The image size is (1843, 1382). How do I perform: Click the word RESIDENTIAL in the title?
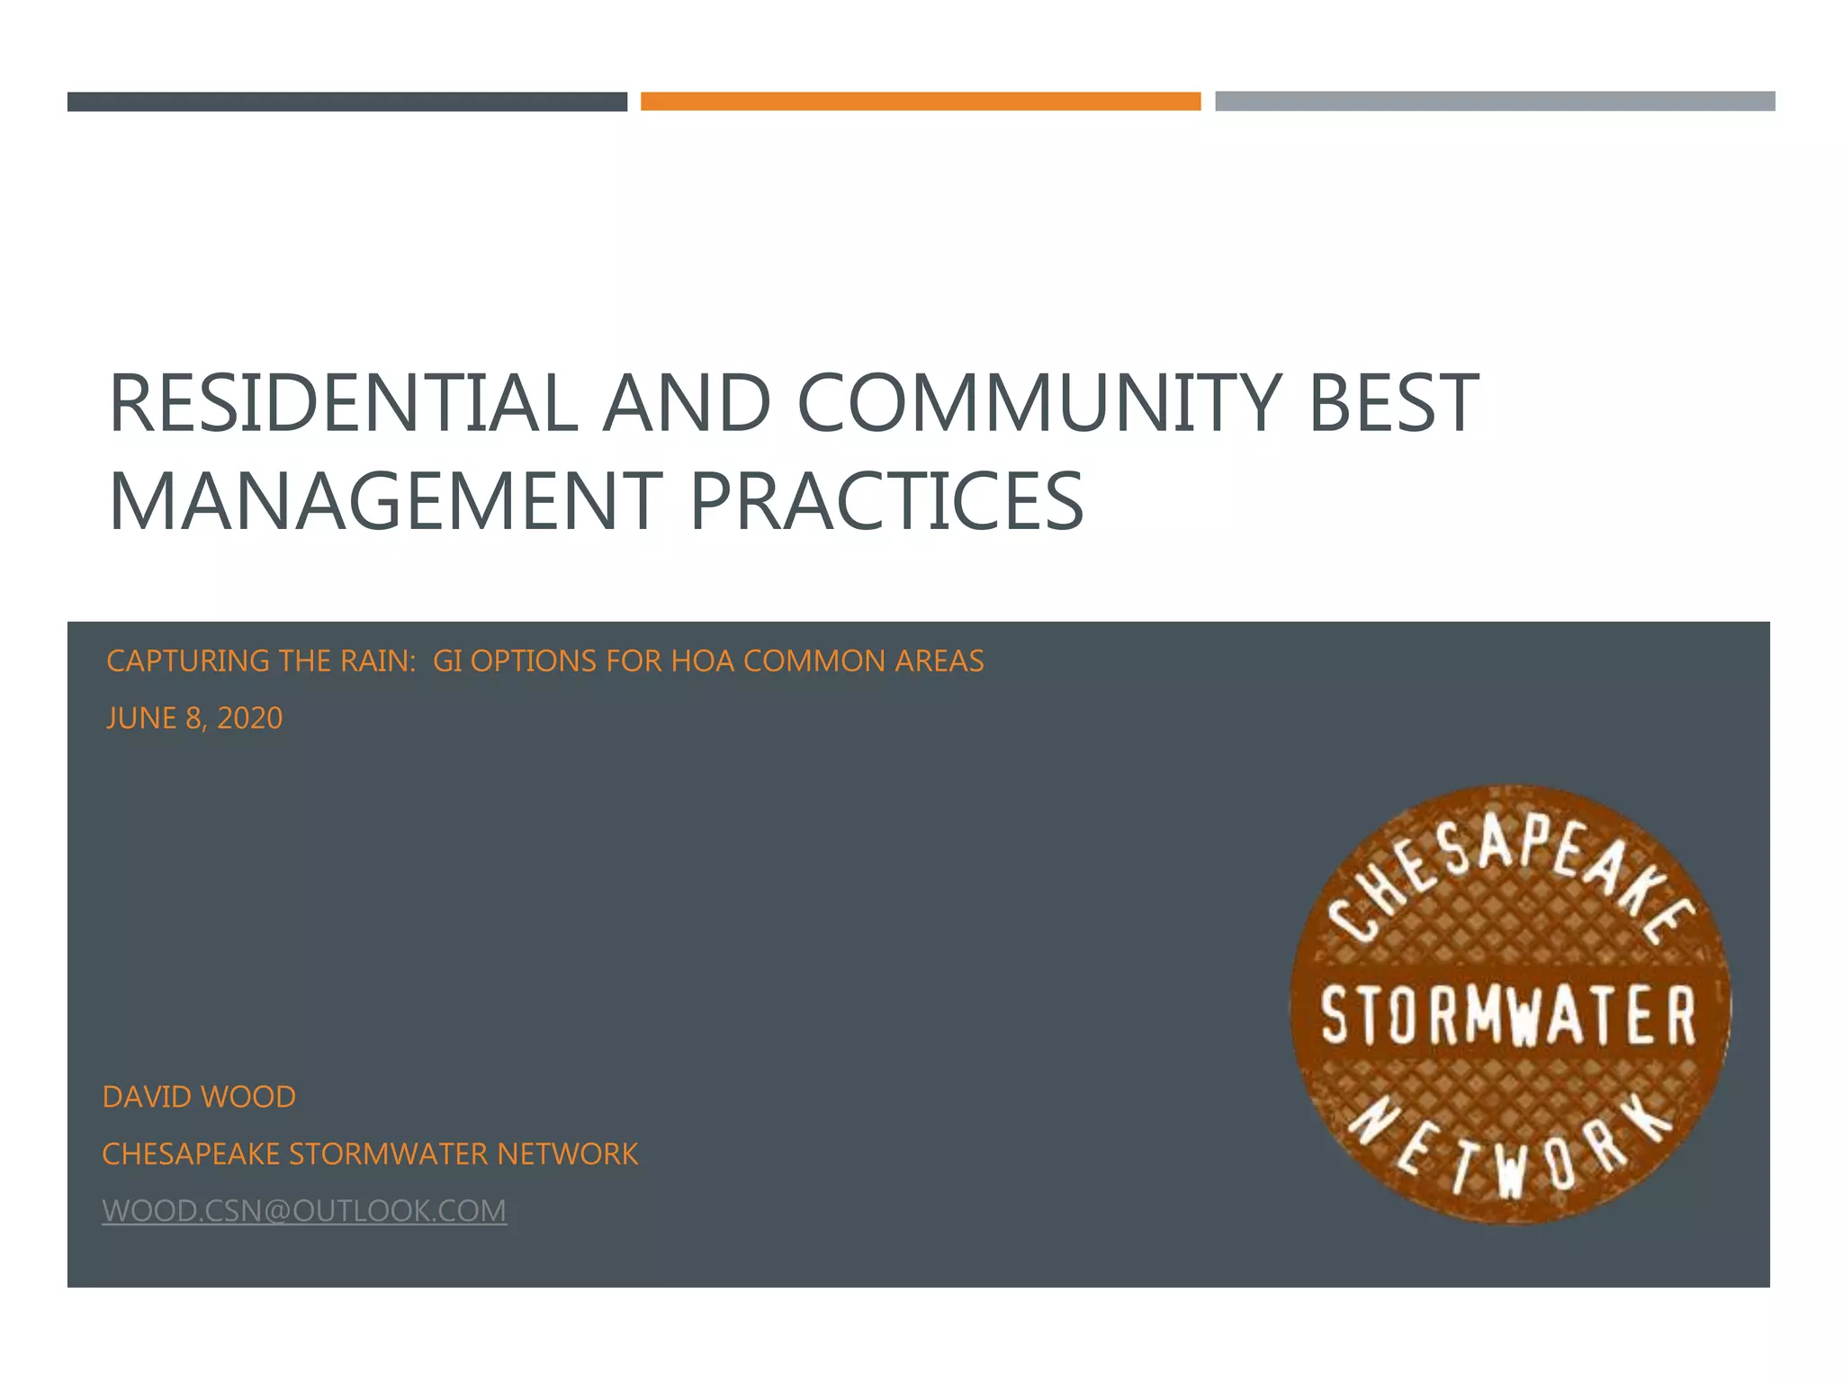point(343,402)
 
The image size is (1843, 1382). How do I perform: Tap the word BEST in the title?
point(1393,402)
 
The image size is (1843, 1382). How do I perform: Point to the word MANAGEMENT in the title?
point(385,501)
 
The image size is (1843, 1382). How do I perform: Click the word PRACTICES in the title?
point(886,501)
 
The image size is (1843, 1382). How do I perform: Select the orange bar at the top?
point(920,101)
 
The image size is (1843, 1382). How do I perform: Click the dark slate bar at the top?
point(346,102)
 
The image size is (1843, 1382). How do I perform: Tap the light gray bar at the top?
point(1494,101)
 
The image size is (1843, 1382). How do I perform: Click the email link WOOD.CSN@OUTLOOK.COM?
point(304,1211)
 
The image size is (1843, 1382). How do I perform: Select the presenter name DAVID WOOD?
point(199,1097)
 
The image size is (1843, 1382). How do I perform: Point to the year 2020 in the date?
point(249,718)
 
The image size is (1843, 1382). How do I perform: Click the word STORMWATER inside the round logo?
point(1509,1015)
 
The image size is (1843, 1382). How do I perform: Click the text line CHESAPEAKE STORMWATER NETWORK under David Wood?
point(370,1153)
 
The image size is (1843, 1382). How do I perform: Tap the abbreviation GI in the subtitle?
point(447,661)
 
